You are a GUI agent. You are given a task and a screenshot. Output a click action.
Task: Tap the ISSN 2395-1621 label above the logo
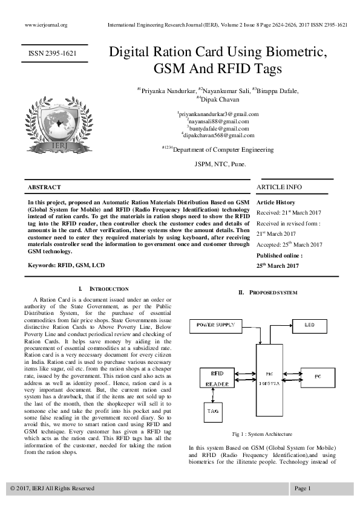[x=53, y=54]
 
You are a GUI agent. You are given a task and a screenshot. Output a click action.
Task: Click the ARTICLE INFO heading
[x=279, y=187]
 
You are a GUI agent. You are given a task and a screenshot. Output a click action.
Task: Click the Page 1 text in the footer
[x=303, y=488]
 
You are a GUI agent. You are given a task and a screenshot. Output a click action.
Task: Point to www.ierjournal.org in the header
[x=46, y=25]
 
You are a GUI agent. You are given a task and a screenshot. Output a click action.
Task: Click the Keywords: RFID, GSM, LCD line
[x=66, y=265]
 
